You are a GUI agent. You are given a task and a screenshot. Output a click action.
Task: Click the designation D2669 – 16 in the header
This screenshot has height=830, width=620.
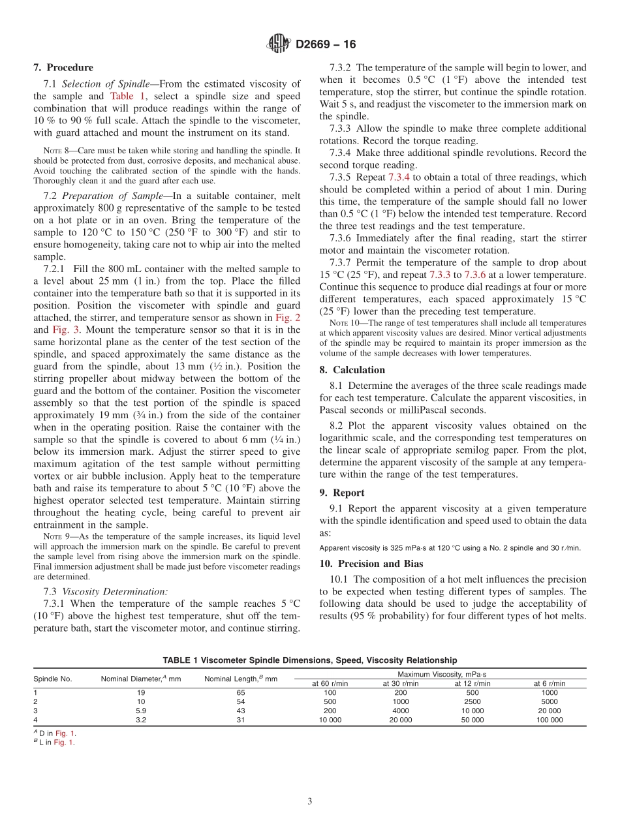(x=326, y=44)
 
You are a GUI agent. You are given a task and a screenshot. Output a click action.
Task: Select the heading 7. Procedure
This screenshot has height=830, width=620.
(x=63, y=67)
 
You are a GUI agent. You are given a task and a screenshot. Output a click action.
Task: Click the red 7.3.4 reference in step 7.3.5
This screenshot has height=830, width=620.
(x=399, y=177)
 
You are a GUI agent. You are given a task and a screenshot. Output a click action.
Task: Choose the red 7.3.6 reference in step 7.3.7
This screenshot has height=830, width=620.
(x=474, y=275)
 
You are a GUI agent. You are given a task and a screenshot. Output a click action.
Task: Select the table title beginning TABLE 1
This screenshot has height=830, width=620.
(x=309, y=660)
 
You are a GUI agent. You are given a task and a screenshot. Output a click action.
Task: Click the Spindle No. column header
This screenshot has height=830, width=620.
(x=53, y=679)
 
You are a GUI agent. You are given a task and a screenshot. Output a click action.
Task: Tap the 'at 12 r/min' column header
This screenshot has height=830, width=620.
(x=473, y=683)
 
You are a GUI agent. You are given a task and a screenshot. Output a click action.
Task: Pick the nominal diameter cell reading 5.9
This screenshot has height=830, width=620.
(x=141, y=711)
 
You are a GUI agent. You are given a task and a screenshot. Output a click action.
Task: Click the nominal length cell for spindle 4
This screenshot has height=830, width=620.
(x=241, y=720)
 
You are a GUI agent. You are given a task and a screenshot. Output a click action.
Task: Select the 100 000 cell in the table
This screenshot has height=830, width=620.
(x=550, y=720)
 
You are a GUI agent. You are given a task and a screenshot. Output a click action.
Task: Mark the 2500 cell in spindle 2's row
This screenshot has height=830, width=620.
(x=473, y=701)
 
